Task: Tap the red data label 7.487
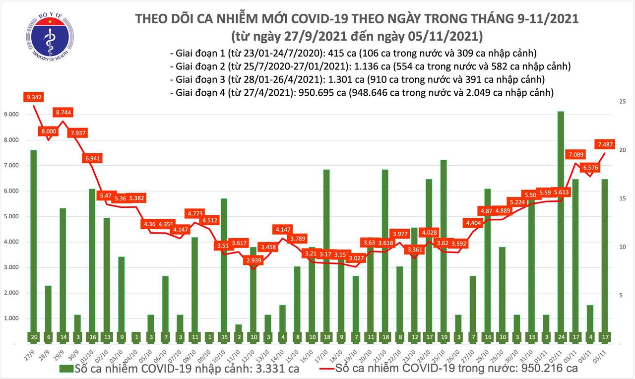[606, 144]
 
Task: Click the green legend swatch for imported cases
[65, 369]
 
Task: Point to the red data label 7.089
[576, 155]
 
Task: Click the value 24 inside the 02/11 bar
[560, 337]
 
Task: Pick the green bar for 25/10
[444, 246]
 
